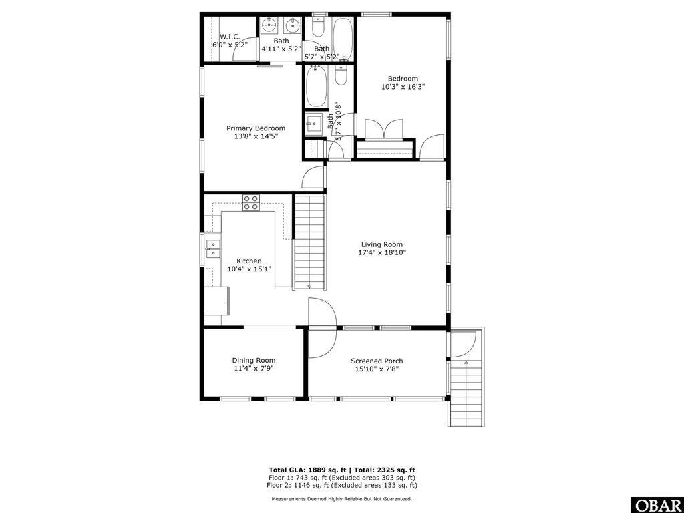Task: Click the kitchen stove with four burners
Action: click(251, 202)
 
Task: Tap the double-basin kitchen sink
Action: click(213, 248)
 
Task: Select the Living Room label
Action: click(382, 244)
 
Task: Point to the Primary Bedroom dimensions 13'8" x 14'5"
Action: click(255, 136)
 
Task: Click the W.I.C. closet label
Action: click(230, 37)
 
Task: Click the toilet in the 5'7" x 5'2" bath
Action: click(319, 28)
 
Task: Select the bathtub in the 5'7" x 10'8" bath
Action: click(315, 86)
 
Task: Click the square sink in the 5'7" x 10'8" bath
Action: click(313, 123)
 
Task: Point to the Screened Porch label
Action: click(377, 361)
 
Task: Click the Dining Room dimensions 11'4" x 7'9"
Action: click(253, 369)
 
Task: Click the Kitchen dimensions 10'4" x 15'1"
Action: click(249, 269)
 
